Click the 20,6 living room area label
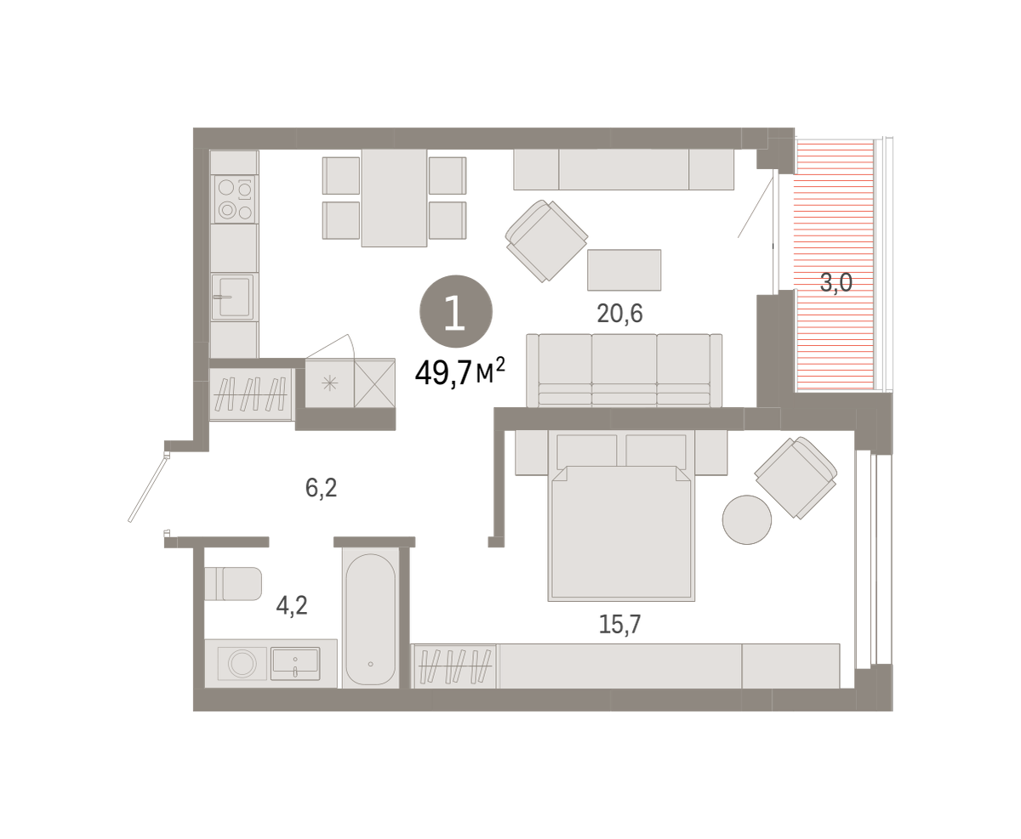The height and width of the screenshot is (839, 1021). pos(619,314)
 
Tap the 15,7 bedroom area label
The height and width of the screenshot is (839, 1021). pos(619,624)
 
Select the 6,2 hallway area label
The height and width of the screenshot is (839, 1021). pos(321,487)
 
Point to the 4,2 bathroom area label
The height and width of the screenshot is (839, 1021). pos(292,605)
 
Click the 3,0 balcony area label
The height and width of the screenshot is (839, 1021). pos(836,282)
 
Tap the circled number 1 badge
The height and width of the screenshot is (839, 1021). pos(455,311)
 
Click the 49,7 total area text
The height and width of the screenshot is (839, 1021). pos(459,373)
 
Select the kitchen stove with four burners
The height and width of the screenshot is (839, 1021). pos(235,199)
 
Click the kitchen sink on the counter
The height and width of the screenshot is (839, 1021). pos(233,297)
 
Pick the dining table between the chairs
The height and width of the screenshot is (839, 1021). pos(394,198)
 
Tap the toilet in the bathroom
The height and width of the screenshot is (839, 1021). pos(233,584)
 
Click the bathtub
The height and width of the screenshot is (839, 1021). pos(370,619)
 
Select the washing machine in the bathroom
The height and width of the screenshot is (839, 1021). pos(242,663)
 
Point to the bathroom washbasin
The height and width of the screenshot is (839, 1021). pos(295,663)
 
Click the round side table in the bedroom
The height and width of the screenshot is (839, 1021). pos(746,520)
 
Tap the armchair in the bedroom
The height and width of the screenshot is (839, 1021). pos(796,478)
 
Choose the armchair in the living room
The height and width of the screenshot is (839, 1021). pos(546,241)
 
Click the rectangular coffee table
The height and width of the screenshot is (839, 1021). pos(624,269)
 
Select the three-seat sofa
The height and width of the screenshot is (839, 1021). pos(624,371)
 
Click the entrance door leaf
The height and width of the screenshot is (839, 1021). pos(149,489)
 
